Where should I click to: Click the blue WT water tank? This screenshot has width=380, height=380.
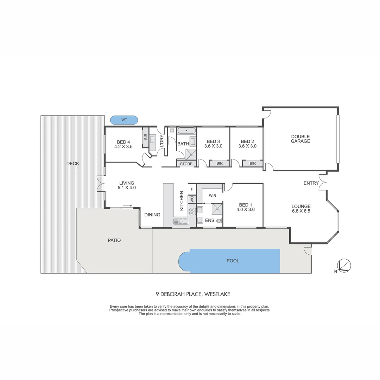(x=124, y=120)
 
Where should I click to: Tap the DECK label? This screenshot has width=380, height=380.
(x=72, y=164)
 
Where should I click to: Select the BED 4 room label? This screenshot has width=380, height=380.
(x=124, y=144)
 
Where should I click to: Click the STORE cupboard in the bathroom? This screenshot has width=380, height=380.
(x=186, y=164)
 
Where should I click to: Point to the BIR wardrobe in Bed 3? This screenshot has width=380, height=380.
(x=220, y=163)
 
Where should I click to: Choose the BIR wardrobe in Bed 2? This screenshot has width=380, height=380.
(x=253, y=163)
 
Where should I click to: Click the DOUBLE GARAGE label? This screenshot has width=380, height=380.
(x=300, y=139)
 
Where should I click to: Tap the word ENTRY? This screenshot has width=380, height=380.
(x=311, y=183)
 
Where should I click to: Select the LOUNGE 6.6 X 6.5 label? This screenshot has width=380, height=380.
(x=301, y=209)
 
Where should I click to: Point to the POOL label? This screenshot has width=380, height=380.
(x=233, y=261)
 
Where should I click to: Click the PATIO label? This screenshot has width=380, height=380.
(x=114, y=240)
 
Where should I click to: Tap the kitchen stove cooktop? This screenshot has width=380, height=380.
(x=192, y=211)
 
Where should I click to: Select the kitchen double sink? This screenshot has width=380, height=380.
(x=180, y=221)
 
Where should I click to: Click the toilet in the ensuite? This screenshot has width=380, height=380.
(x=219, y=221)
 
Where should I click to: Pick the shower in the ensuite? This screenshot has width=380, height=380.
(x=217, y=209)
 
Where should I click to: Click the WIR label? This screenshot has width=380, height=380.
(x=212, y=196)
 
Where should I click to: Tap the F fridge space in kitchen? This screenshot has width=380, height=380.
(x=192, y=189)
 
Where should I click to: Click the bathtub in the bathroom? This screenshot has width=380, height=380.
(x=186, y=131)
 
